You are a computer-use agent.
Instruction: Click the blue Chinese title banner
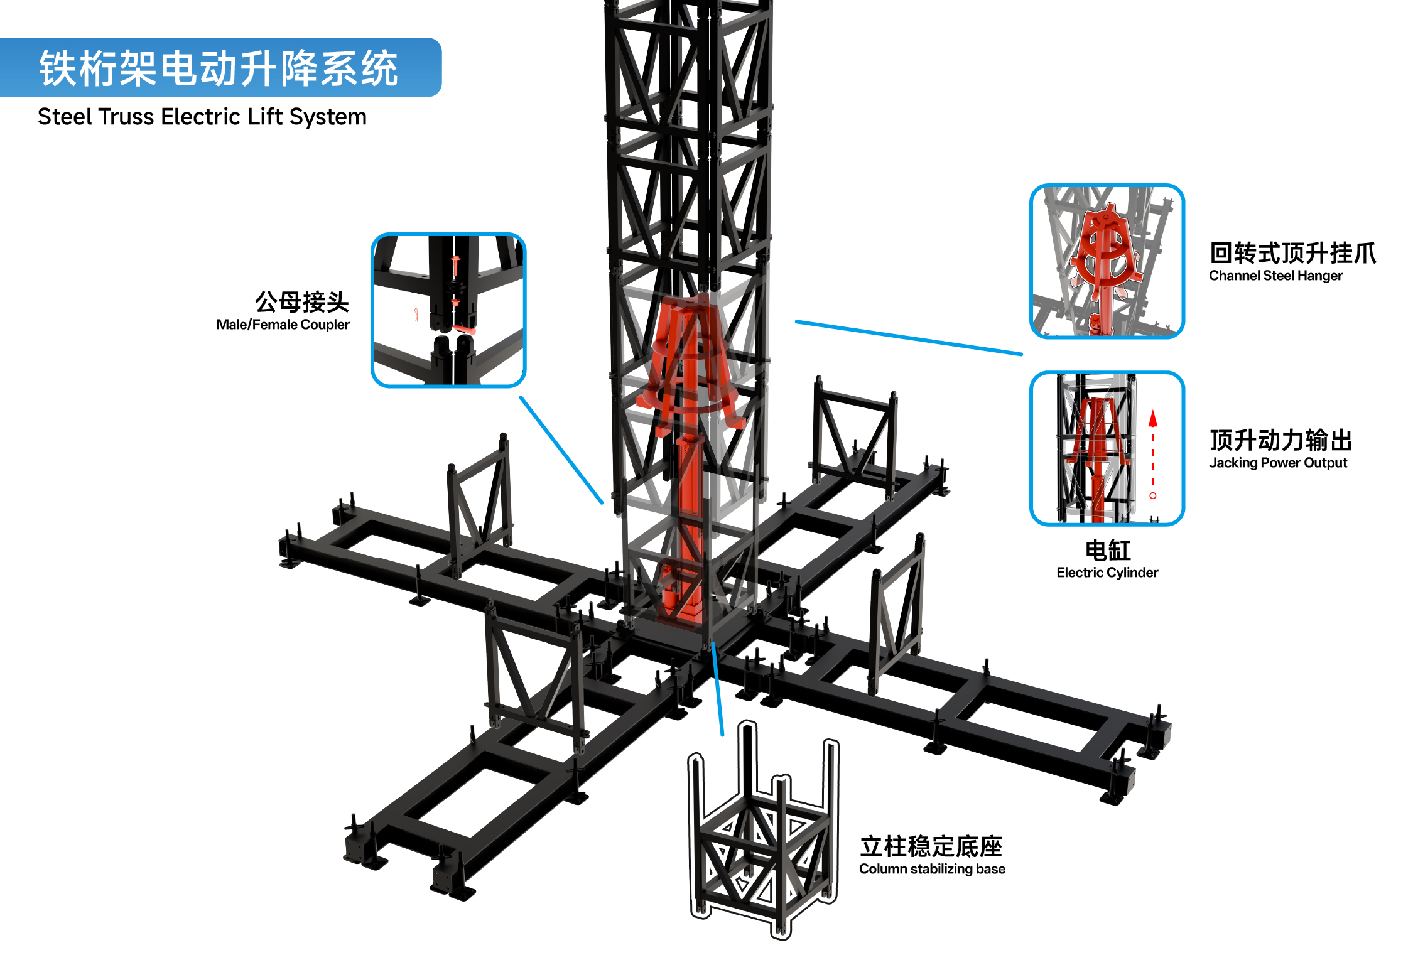pos(220,67)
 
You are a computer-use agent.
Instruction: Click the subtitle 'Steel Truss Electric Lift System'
pos(202,117)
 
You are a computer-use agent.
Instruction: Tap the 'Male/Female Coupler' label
pos(283,325)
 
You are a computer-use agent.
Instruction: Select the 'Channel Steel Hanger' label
pos(1275,276)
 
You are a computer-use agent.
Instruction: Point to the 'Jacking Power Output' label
pos(1278,463)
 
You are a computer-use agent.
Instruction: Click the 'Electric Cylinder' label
pos(1107,573)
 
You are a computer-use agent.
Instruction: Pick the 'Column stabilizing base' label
pos(932,869)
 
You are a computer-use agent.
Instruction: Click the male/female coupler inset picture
pos(448,310)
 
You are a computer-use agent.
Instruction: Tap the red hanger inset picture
pos(1107,261)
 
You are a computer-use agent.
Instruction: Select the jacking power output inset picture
pos(1107,448)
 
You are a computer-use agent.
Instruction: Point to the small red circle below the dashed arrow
pos(1153,496)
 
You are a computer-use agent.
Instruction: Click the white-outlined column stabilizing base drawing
pos(763,830)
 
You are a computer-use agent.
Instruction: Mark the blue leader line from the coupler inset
pos(561,450)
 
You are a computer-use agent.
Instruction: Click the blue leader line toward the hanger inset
pos(909,338)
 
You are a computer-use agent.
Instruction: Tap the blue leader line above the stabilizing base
pos(718,689)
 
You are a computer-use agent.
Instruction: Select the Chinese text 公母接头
pos(302,302)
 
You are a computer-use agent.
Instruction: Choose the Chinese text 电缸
pos(1108,551)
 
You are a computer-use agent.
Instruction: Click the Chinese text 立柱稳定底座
pos(931,846)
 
